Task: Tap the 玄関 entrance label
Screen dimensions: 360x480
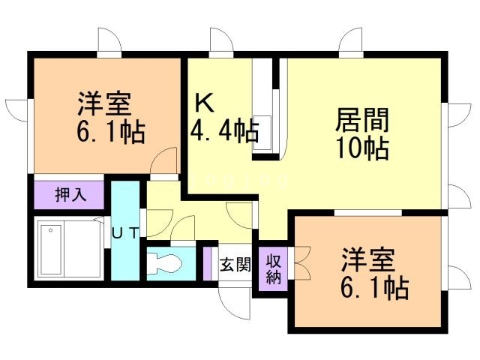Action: (x=234, y=265)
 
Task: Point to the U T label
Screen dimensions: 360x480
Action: (x=125, y=232)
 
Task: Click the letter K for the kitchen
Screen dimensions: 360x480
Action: (x=205, y=102)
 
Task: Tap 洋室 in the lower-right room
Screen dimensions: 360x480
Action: (x=370, y=259)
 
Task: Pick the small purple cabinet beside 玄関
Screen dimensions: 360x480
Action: (x=208, y=263)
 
